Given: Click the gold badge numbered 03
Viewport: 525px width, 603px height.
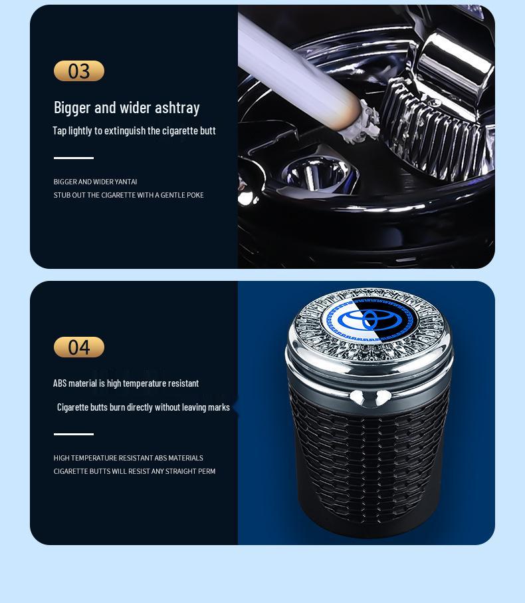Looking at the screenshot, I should [x=78, y=71].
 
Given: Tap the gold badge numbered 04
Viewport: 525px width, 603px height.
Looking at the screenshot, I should [x=78, y=347].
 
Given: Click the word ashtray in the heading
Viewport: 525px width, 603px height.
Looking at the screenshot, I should [x=177, y=108].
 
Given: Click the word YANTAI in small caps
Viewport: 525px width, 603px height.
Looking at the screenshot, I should [x=126, y=182].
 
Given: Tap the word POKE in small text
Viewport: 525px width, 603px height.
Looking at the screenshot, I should [x=195, y=195].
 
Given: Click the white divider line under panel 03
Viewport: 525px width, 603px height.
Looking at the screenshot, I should [x=73, y=158].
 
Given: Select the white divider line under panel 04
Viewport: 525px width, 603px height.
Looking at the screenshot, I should [x=73, y=434].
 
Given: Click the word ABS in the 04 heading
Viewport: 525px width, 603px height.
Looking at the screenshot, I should [x=60, y=383].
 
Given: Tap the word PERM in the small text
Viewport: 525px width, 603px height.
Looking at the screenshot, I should [x=206, y=471].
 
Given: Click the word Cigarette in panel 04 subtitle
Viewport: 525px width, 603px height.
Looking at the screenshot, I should [x=74, y=407].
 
